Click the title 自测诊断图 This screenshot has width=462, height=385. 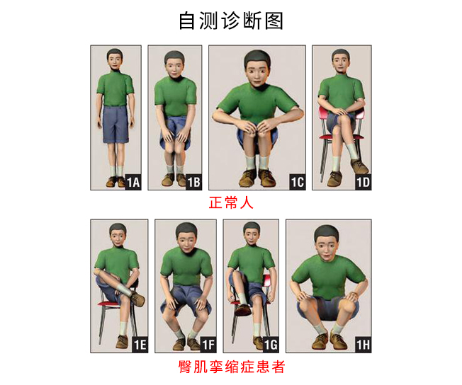coord(231,21)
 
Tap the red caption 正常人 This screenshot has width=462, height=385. coord(231,203)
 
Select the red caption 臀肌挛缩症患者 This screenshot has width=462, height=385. coord(231,367)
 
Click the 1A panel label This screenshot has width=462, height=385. coord(133,182)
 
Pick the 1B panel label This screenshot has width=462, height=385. coord(194,182)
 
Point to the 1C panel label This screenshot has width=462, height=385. coord(298,182)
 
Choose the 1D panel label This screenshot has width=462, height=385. coord(364,182)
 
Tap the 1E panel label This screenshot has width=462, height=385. coord(140,345)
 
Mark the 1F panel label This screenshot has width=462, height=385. coord(208,345)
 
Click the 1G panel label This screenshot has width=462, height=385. coord(271,345)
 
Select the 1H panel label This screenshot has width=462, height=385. coord(364,345)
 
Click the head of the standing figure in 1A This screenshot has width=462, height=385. coord(115,59)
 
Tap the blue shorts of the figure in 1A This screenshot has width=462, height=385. coord(115,125)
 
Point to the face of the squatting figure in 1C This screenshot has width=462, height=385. coord(257,74)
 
